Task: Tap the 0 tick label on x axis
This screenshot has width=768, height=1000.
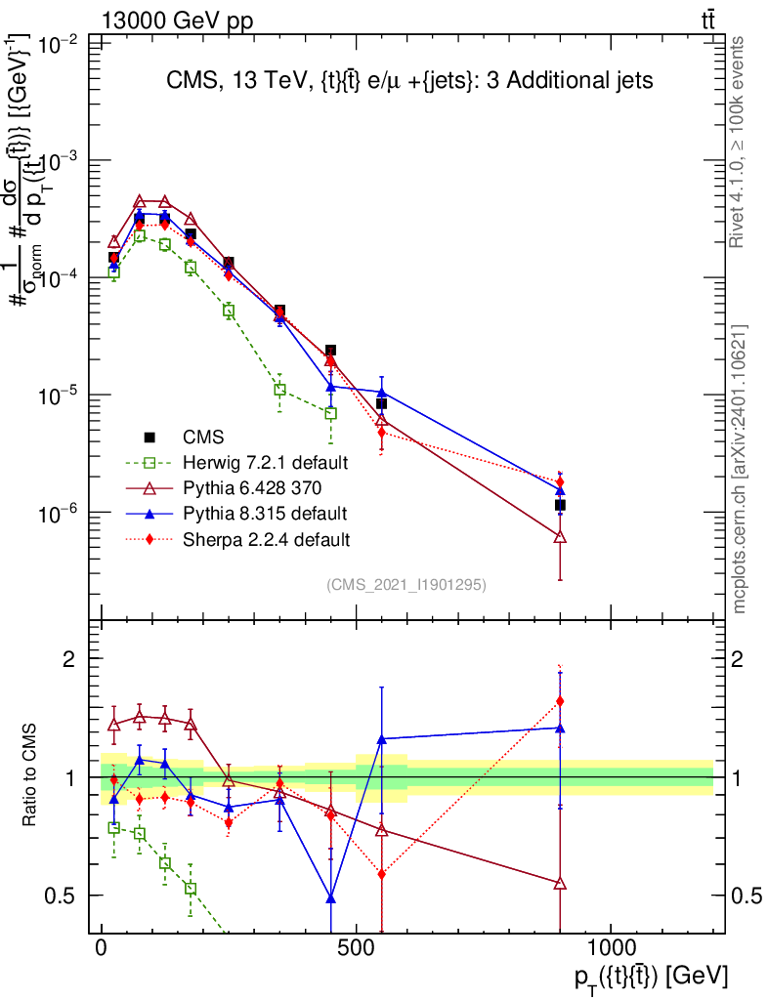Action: pos(102,948)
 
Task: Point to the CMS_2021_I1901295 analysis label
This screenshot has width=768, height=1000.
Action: pos(406,584)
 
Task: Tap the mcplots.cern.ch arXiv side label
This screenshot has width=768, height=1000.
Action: pos(740,469)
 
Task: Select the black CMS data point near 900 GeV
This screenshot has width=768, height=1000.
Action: pos(560,505)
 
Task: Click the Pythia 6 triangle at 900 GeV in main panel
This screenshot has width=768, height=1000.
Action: pos(560,537)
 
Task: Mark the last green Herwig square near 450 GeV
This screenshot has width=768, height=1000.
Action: pos(331,413)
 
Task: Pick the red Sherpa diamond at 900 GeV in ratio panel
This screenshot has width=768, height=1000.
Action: pos(560,701)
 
